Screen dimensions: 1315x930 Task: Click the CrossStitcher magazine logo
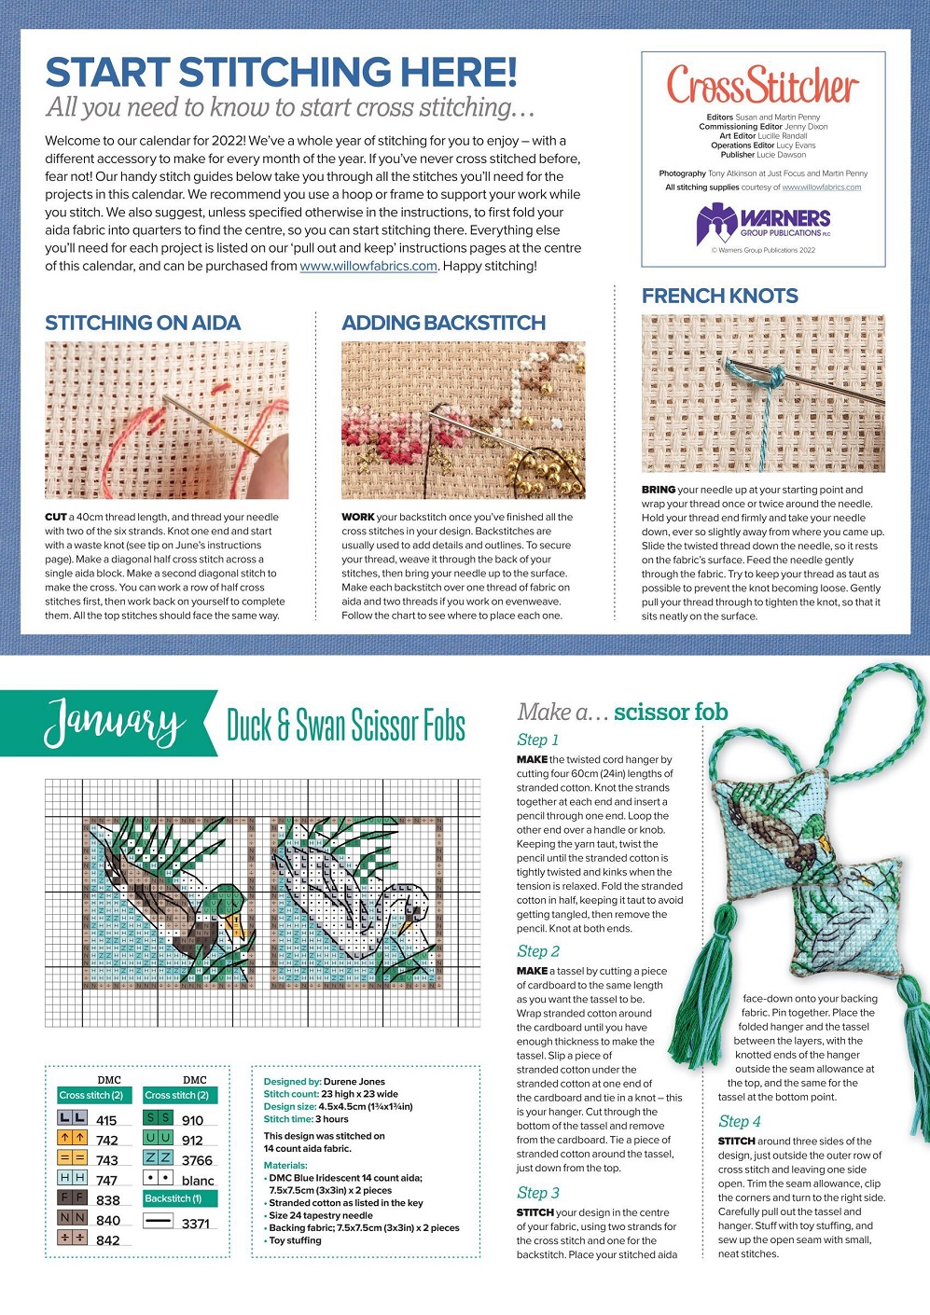pyautogui.click(x=762, y=86)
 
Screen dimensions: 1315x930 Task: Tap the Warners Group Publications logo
pyautogui.click(x=763, y=224)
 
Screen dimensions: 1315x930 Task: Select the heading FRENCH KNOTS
pyautogui.click(x=719, y=296)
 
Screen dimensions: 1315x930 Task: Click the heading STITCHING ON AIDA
pyautogui.click(x=143, y=323)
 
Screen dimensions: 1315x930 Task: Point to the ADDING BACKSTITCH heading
pyautogui.click(x=443, y=323)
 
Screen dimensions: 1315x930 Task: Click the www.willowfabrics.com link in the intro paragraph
pyautogui.click(x=368, y=266)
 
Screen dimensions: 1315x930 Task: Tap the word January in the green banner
pyautogui.click(x=114, y=723)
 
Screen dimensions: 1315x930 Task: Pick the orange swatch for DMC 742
pyautogui.click(x=73, y=1139)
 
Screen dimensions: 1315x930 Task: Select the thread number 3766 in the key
pyautogui.click(x=197, y=1160)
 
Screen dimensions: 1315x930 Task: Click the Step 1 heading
pyautogui.click(x=538, y=740)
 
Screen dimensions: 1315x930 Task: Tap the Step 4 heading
pyautogui.click(x=739, y=1121)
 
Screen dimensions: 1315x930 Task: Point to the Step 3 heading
pyautogui.click(x=538, y=1193)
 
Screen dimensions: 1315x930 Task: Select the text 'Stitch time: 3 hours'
pyautogui.click(x=306, y=1119)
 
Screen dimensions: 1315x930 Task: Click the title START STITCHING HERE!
pyautogui.click(x=281, y=73)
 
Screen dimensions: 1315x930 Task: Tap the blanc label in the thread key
pyautogui.click(x=198, y=1181)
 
